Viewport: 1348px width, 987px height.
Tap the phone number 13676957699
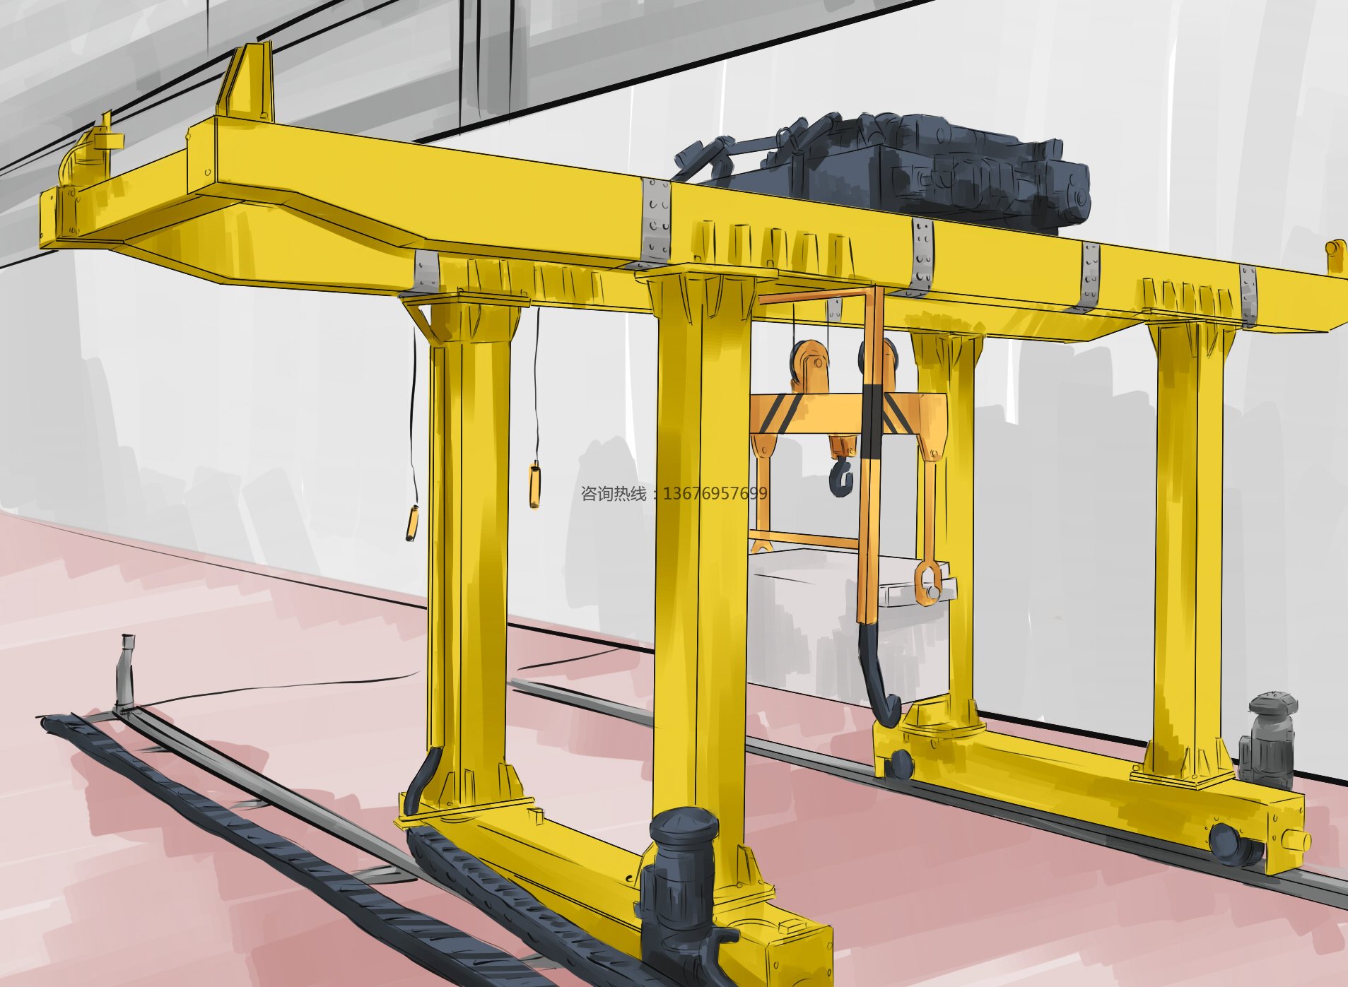coord(715,493)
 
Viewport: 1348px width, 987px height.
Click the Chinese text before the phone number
coord(614,493)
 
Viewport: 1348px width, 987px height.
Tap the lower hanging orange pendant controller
coord(411,523)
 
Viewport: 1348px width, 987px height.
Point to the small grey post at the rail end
coord(127,671)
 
